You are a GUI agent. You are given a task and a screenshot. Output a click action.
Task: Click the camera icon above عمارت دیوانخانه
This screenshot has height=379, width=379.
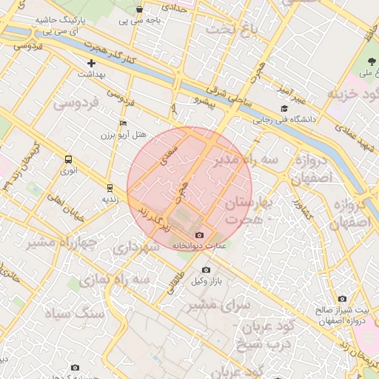tap(199, 235)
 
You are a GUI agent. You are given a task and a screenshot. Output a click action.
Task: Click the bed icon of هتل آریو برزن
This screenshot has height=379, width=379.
tap(123, 124)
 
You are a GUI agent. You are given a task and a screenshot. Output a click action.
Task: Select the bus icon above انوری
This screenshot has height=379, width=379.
tap(69, 158)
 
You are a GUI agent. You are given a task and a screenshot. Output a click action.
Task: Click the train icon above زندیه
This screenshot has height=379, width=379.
tap(110, 188)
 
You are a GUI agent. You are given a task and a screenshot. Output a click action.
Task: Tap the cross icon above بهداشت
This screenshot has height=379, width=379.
tap(91, 64)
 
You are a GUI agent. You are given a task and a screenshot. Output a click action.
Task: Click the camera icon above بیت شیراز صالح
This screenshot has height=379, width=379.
tap(341, 298)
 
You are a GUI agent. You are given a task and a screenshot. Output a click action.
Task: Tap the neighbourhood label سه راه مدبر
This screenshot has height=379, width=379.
tap(246, 160)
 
